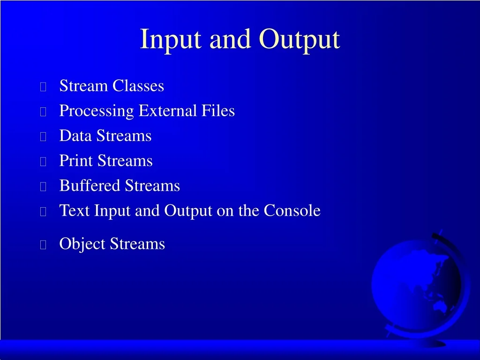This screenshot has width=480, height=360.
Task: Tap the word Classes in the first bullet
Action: (138, 85)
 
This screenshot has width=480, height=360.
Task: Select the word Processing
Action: (97, 111)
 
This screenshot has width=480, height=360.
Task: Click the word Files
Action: (218, 111)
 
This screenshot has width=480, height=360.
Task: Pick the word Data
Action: (75, 135)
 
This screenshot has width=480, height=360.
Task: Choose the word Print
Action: (76, 161)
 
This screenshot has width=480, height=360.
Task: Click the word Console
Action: (292, 210)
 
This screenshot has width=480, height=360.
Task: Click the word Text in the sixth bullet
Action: (75, 210)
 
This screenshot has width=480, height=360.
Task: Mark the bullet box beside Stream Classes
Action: (43, 87)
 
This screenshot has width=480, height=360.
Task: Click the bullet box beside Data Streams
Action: (43, 136)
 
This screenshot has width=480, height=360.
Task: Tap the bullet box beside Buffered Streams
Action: (43, 187)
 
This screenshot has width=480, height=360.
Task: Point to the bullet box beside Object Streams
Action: (43, 245)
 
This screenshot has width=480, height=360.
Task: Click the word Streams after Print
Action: (125, 161)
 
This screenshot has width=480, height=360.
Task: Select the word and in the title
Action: (230, 39)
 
